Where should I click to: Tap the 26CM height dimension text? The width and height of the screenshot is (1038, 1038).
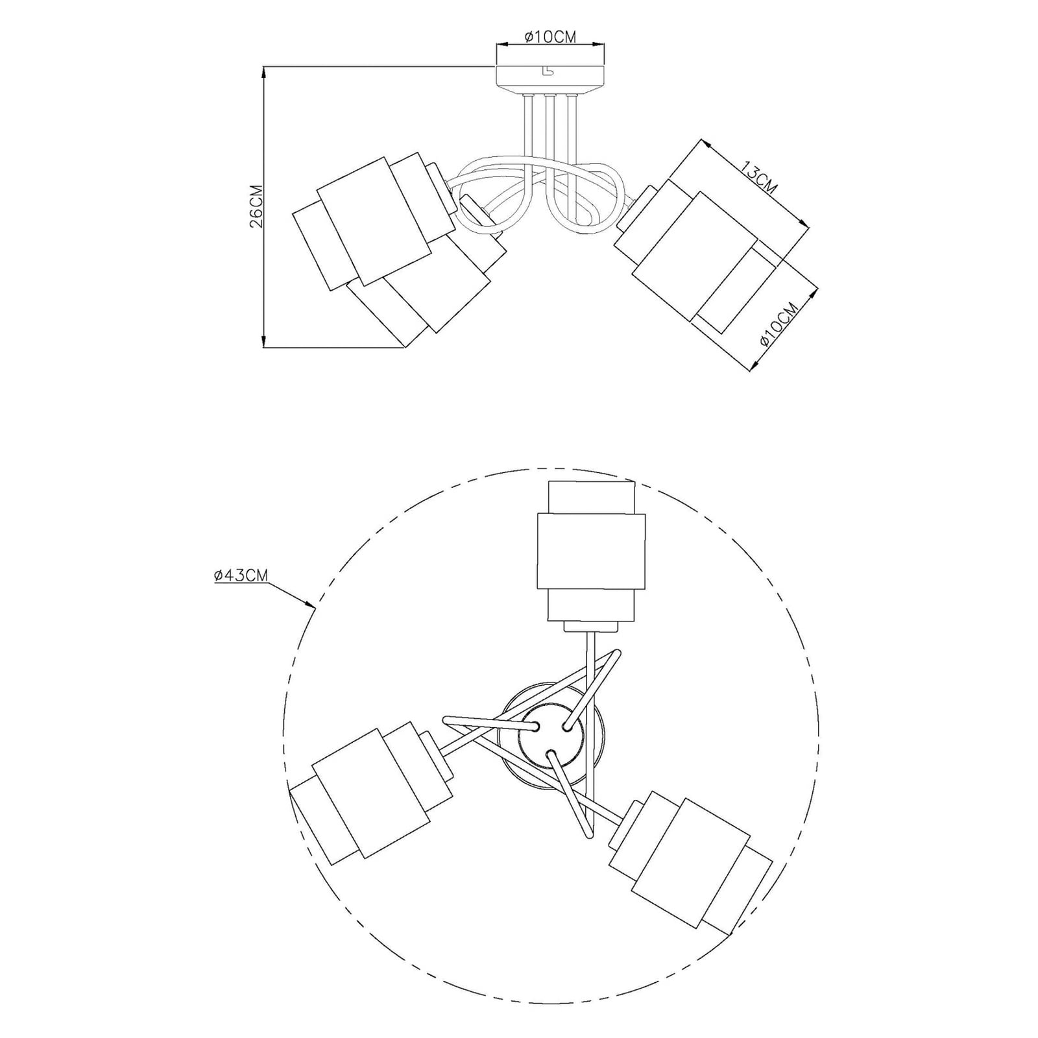point(256,207)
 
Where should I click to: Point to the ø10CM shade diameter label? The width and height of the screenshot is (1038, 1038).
point(777,324)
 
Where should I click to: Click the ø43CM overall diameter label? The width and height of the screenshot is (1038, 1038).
point(241,575)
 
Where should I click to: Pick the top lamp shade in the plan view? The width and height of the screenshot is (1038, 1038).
point(590,551)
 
